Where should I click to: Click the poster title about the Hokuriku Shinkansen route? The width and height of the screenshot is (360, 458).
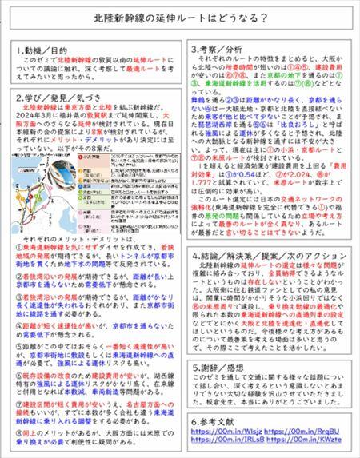[x=179, y=18]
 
